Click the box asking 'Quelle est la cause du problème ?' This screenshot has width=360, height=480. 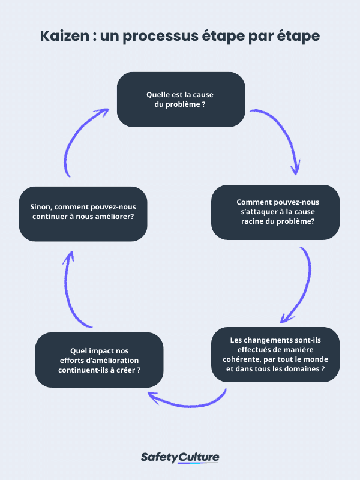pyautogui.click(x=181, y=99)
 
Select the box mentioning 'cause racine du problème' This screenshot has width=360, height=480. pyautogui.click(x=275, y=212)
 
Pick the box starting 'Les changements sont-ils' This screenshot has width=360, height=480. pyautogui.click(x=275, y=355)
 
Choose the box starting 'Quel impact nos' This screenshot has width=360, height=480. pyautogui.click(x=100, y=360)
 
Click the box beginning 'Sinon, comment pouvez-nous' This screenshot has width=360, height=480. pyautogui.click(x=82, y=212)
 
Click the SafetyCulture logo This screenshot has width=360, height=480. pyautogui.click(x=180, y=458)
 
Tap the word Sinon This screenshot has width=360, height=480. pyautogui.click(x=42, y=207)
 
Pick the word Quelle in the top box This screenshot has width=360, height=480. pyautogui.click(x=157, y=94)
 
